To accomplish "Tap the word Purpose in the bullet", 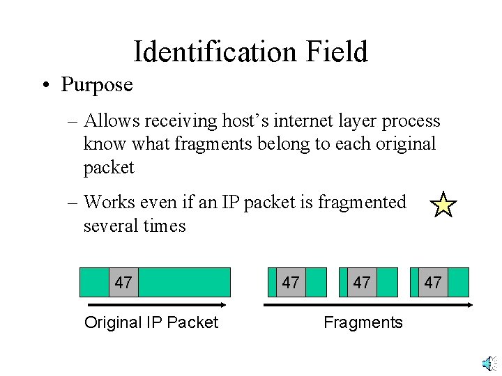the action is pyautogui.click(x=96, y=85).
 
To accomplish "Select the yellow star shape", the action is pyautogui.click(x=443, y=205).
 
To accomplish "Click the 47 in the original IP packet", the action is pyautogui.click(x=123, y=283).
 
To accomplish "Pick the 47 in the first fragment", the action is pyautogui.click(x=291, y=283).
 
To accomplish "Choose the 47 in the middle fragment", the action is pyautogui.click(x=362, y=283).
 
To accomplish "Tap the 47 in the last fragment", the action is pyautogui.click(x=433, y=283).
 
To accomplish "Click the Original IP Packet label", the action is pyautogui.click(x=151, y=322).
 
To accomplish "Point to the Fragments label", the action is pyautogui.click(x=363, y=322).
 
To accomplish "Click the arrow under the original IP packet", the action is pyautogui.click(x=158, y=304).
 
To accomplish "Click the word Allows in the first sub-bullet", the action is pyautogui.click(x=110, y=121).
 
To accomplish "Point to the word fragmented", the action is pyautogui.click(x=362, y=203).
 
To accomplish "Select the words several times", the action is pyautogui.click(x=135, y=226).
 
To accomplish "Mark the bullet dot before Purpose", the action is pyautogui.click(x=44, y=86).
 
